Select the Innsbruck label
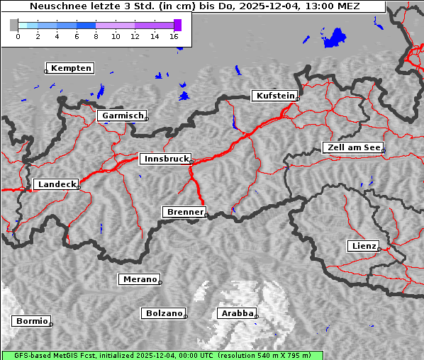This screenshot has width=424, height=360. click(x=166, y=159)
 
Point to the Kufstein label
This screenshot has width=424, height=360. click(x=274, y=96)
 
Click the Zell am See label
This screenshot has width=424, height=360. click(x=354, y=147)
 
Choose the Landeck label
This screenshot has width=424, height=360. click(x=57, y=184)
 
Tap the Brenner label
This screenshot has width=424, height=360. click(x=185, y=212)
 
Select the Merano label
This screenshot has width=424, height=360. click(x=140, y=279)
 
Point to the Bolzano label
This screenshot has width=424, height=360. click(x=164, y=313)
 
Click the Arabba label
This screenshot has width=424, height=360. click(x=237, y=313)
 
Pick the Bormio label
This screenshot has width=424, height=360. click(x=32, y=321)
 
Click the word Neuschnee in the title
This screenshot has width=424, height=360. click(x=56, y=6)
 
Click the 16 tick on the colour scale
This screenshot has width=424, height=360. click(x=174, y=36)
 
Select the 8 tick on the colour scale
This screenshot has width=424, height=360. click(x=96, y=36)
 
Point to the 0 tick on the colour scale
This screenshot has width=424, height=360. click(x=18, y=36)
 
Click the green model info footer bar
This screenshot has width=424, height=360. click(x=162, y=355)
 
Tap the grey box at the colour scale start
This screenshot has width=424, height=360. click(x=14, y=25)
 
